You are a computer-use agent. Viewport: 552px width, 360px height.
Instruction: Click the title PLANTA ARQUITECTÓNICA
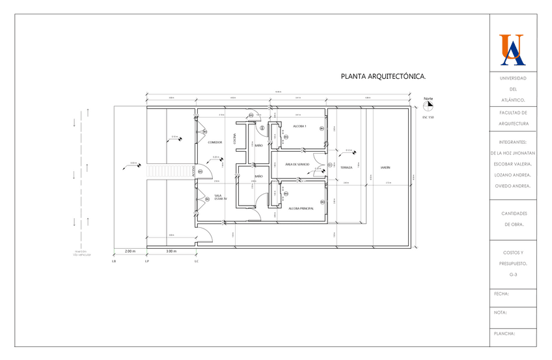(x=383, y=76)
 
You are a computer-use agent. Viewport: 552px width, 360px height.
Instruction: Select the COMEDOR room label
(x=215, y=142)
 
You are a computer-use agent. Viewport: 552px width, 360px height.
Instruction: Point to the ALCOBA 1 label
(x=299, y=126)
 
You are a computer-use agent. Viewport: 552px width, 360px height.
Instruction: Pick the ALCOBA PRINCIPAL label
(x=301, y=208)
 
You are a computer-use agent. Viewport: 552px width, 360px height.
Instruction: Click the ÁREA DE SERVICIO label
(x=297, y=165)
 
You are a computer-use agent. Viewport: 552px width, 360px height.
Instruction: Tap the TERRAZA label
(x=346, y=167)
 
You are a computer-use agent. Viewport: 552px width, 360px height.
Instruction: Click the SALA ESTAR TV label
(x=219, y=197)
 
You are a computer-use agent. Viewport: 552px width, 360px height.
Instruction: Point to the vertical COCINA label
(x=234, y=138)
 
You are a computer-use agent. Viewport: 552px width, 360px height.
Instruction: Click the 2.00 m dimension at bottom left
(x=130, y=251)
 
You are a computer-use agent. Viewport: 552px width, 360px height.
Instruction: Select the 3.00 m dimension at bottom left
(x=171, y=251)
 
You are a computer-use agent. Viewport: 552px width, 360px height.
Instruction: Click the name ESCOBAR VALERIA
(x=514, y=163)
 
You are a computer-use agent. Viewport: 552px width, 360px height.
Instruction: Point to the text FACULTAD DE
(x=513, y=112)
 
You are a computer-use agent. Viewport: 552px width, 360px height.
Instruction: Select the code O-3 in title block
(x=513, y=275)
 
